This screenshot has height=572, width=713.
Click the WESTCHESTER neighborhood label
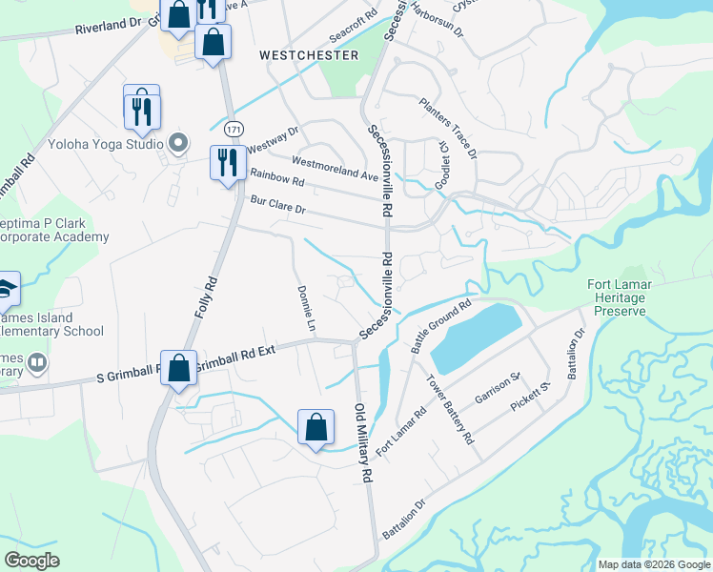(x=309, y=55)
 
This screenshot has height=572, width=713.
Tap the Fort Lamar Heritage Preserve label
(x=617, y=297)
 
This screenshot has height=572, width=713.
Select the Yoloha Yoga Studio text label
(x=107, y=146)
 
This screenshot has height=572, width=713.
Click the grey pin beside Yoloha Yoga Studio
(x=177, y=144)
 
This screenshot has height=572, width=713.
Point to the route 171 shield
(x=233, y=128)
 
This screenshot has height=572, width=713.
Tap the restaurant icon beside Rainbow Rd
(x=227, y=162)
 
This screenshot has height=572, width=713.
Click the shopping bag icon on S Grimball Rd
(x=178, y=368)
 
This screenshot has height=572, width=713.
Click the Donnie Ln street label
(x=305, y=309)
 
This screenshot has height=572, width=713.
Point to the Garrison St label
(x=497, y=391)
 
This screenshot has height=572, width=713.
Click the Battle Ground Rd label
(x=440, y=328)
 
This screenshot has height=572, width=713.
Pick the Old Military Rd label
(x=363, y=446)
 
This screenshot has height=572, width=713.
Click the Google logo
(x=32, y=561)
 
